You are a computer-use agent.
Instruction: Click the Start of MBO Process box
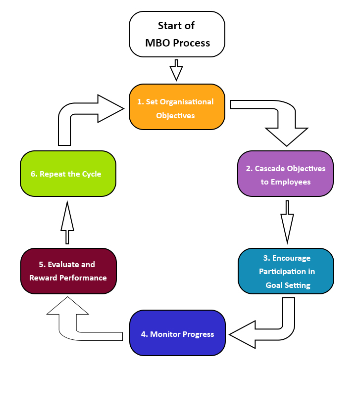[177, 34]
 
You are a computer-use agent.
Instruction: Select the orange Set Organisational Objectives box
[177, 107]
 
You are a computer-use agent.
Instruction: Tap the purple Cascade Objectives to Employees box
[285, 174]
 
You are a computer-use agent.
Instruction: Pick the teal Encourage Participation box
[286, 271]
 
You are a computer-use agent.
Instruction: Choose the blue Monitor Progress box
[177, 333]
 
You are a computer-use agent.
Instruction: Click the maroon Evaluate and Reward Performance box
[68, 271]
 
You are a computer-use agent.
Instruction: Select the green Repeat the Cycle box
[68, 174]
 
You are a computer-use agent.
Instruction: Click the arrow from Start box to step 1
[176, 71]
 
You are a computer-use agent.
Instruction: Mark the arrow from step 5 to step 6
[67, 223]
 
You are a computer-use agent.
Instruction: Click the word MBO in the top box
[157, 43]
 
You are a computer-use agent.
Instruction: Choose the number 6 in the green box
[33, 174]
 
